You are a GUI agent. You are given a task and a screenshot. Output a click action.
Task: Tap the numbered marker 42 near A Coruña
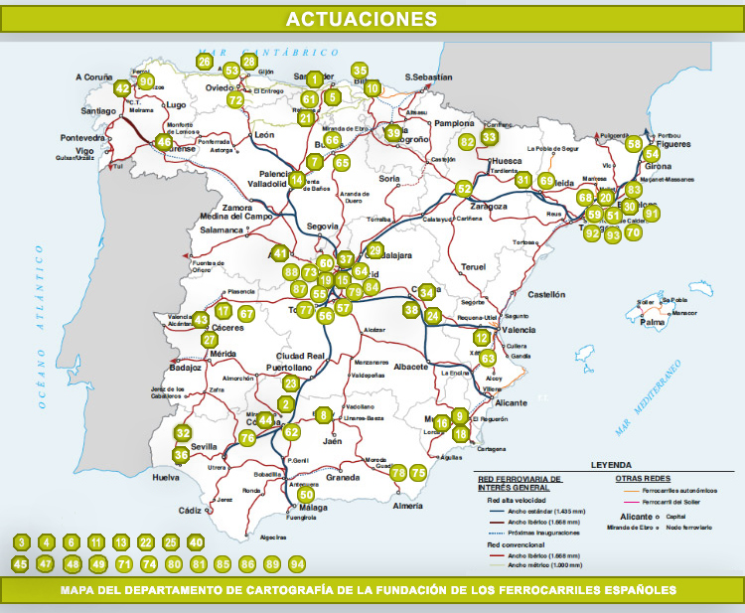(122, 88)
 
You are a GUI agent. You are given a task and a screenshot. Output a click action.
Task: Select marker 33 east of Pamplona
(489, 137)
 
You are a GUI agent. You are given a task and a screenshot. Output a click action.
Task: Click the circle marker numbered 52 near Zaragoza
(464, 188)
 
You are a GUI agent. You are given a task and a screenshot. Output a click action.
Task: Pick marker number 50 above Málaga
(306, 494)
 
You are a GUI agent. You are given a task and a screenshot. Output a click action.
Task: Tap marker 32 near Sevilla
(183, 433)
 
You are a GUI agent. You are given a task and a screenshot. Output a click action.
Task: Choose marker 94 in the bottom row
(297, 563)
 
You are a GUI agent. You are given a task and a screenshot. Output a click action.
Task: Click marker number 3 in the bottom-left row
(22, 542)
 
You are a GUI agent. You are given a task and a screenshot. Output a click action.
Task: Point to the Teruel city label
(474, 267)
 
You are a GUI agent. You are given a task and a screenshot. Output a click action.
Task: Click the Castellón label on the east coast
(545, 294)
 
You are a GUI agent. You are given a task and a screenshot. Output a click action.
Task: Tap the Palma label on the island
(653, 323)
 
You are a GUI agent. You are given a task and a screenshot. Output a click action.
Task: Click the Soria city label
(389, 179)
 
